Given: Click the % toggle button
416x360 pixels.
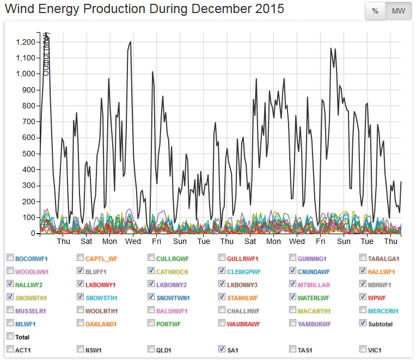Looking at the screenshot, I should [375, 11].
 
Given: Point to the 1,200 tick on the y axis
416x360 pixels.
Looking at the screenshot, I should [26, 42].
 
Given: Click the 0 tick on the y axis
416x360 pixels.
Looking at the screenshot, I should [34, 234].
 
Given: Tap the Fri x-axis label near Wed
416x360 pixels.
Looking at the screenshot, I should [156, 242].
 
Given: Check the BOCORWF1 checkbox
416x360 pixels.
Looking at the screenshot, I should [10, 258].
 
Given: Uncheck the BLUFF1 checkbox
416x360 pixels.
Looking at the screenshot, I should [81, 271].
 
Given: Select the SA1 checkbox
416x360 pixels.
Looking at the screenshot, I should [222, 349].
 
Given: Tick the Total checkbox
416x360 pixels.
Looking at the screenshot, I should [10, 337].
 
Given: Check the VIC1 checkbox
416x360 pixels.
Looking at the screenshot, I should [363, 349].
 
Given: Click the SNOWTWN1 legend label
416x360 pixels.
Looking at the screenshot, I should [173, 297].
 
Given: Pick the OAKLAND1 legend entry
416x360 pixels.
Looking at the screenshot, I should [101, 324].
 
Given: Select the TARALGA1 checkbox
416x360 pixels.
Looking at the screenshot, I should [363, 258].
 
